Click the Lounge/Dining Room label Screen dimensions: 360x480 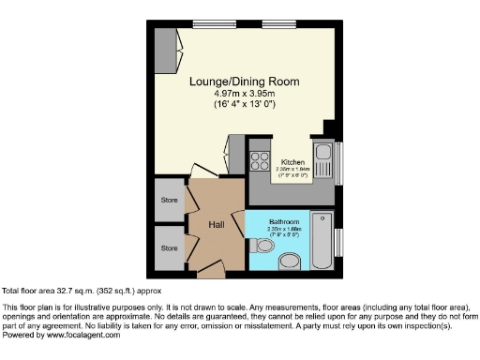245,82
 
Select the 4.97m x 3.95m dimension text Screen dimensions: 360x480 245,94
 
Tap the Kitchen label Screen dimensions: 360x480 292,161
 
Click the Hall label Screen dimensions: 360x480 216,225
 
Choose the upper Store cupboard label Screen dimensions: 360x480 168,200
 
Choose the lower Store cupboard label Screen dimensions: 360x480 168,248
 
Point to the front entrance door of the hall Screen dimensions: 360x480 211,273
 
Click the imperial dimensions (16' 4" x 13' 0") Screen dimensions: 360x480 245,105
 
